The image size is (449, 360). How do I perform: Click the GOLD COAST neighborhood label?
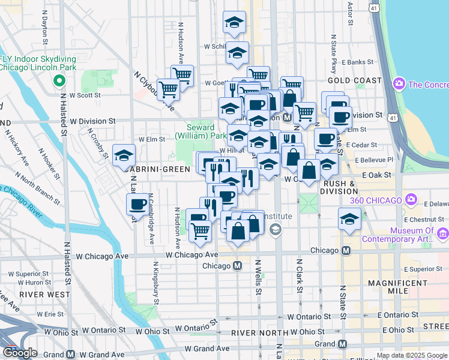click(355, 80)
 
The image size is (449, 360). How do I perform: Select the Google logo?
click(20, 353)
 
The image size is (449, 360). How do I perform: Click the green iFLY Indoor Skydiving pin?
click(59, 80)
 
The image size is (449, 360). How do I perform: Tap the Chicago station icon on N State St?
click(346, 251)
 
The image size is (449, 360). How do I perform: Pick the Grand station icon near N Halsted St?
click(70, 355)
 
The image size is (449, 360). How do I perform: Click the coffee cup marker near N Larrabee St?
click(137, 204)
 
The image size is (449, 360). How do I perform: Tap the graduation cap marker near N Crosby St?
click(124, 155)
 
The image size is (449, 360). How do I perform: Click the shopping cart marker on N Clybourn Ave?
click(169, 89)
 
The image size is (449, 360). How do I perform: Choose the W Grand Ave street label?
click(207, 349)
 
